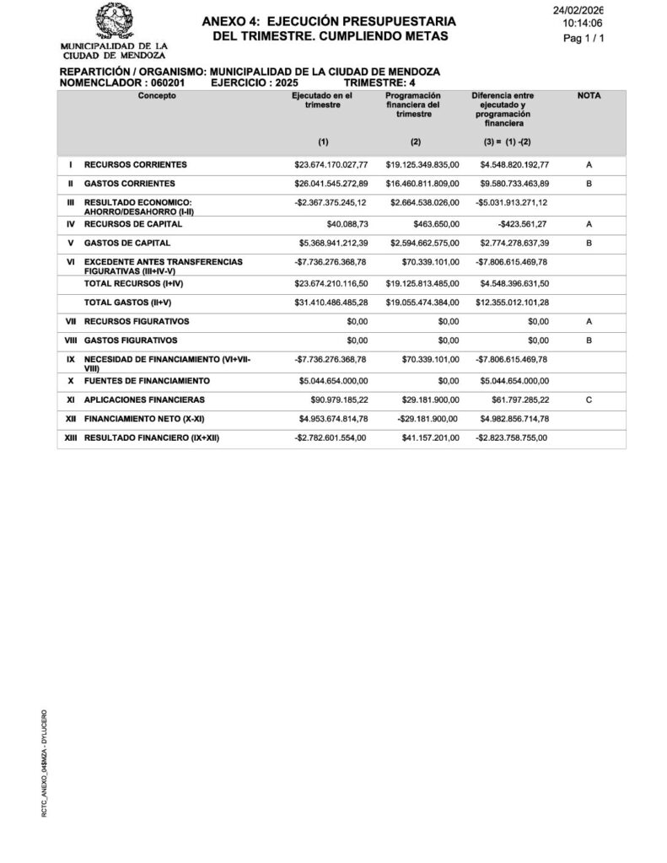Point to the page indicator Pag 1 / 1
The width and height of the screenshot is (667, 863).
click(x=583, y=39)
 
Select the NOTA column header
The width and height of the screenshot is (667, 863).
click(x=589, y=97)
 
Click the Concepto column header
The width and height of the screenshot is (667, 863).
click(x=159, y=97)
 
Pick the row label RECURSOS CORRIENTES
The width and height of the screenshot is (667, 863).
click(x=135, y=164)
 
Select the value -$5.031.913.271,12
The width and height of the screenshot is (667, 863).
click(x=511, y=203)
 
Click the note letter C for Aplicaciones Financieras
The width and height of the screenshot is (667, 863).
click(x=589, y=399)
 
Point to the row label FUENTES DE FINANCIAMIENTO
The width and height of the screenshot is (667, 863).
click(x=147, y=381)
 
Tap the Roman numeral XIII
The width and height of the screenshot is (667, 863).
click(x=71, y=438)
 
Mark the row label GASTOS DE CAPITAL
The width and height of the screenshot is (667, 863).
click(x=127, y=244)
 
